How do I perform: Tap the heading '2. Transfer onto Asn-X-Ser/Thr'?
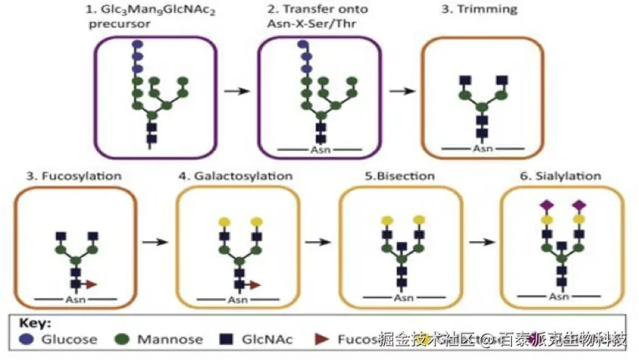click(313, 16)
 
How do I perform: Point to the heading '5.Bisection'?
click(399, 176)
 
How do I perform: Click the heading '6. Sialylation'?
click(562, 176)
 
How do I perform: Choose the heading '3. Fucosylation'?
click(74, 176)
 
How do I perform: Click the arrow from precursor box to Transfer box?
click(237, 91)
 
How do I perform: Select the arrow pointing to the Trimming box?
click(401, 91)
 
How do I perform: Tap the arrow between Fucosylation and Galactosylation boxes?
click(155, 243)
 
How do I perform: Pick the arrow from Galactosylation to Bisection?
click(318, 243)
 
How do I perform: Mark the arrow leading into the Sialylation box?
click(481, 243)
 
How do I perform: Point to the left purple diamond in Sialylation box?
click(544, 205)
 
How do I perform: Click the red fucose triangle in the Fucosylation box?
click(91, 284)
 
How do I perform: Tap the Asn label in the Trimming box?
click(482, 148)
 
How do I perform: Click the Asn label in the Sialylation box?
click(561, 296)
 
